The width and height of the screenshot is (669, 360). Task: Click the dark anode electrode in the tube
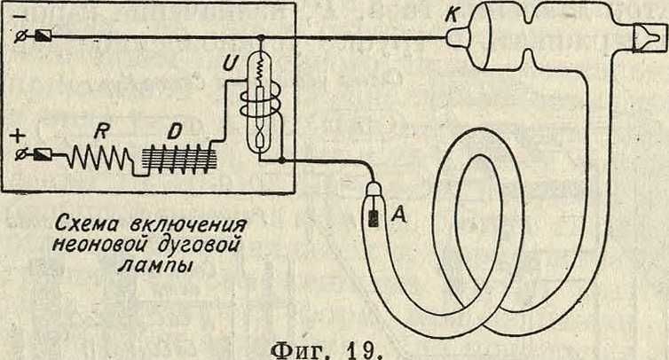[x=374, y=217]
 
